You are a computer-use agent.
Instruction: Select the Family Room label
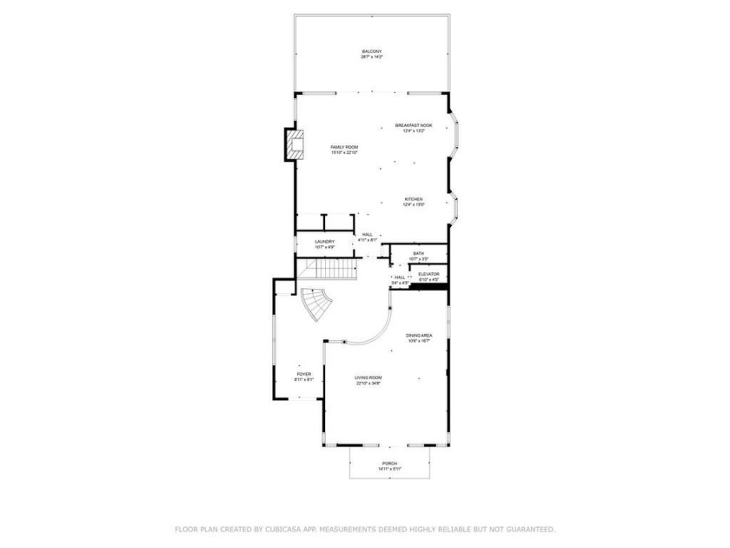point(344,150)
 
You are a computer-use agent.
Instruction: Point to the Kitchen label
point(414,202)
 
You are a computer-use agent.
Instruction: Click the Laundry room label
point(325,244)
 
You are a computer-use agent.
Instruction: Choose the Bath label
point(419,256)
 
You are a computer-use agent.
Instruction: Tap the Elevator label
point(429,277)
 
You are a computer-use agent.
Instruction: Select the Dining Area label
point(419,337)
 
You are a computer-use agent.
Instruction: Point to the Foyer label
point(304,377)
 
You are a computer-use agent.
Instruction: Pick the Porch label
point(389,466)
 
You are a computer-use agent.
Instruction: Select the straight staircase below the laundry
point(328,271)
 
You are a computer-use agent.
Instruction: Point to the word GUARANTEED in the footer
point(525,529)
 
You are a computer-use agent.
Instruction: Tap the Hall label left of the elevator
point(400,279)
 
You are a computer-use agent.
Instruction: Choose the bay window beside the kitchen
point(455,204)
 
